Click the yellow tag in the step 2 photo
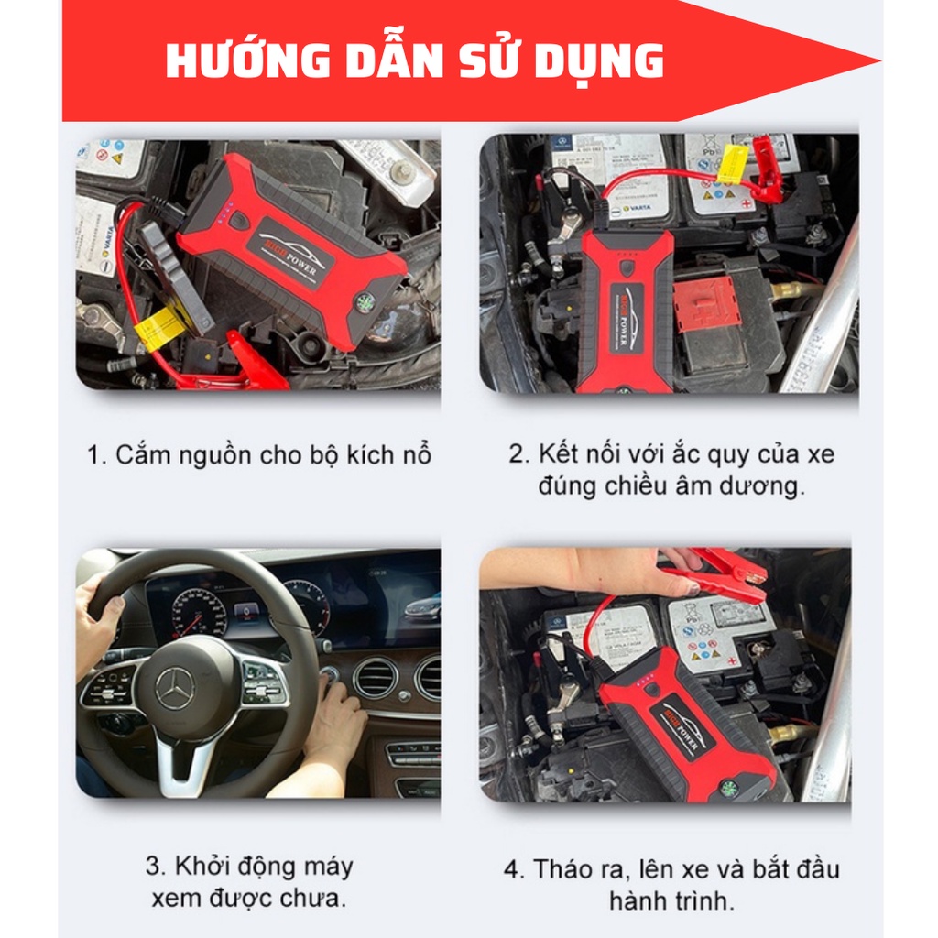[733, 163]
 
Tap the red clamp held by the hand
[714, 573]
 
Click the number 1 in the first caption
[95, 455]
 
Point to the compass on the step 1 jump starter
[364, 302]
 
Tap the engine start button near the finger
[330, 675]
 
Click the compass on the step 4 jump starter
[728, 788]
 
